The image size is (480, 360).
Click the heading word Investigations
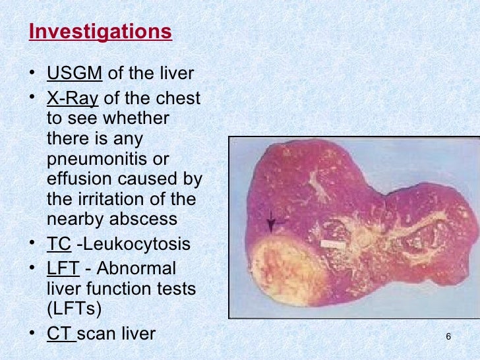click(x=100, y=32)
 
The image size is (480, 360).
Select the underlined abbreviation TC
click(x=58, y=244)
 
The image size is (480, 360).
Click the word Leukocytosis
click(x=134, y=244)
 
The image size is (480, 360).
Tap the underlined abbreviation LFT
click(x=63, y=269)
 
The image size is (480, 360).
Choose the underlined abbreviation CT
click(x=60, y=333)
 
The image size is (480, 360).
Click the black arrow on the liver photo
click(x=270, y=224)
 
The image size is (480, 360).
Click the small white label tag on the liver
click(x=333, y=244)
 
